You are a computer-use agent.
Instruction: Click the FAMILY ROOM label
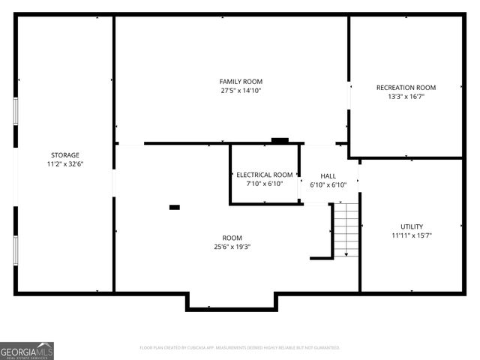[x=241, y=81]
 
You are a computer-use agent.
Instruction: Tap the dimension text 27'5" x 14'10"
[x=241, y=90]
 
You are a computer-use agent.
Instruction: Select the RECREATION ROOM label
[x=406, y=88]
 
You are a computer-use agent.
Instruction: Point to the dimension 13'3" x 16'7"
[x=406, y=97]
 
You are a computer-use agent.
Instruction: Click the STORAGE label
[x=65, y=155]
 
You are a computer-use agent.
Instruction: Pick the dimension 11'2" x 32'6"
[x=65, y=163]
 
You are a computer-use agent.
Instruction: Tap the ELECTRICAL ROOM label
[x=265, y=175]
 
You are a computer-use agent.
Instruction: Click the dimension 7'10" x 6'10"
[x=265, y=183]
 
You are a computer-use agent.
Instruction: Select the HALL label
[x=328, y=175]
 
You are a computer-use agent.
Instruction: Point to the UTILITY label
[x=411, y=226]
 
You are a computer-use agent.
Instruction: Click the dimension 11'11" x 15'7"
[x=411, y=235]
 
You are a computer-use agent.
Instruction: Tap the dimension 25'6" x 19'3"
[x=232, y=246]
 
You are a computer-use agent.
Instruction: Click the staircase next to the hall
[x=346, y=229]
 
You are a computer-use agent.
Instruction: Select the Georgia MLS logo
[x=27, y=351]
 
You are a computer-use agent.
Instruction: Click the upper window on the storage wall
[x=16, y=113]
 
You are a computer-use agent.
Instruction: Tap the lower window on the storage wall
[x=16, y=249]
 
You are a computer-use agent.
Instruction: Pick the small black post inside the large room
[x=175, y=208]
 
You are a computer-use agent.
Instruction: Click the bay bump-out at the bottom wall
[x=232, y=301]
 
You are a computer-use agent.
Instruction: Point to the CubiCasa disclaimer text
[x=240, y=348]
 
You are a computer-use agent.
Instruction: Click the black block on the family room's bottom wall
[x=280, y=139]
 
